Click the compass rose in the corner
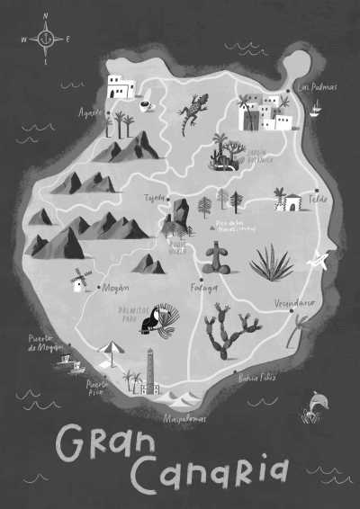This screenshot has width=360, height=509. tap(47, 40)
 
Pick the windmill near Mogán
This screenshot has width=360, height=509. tap(79, 280)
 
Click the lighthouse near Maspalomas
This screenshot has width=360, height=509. tap(150, 372)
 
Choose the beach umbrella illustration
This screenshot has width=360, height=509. tap(111, 351)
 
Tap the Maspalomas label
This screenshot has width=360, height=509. tap(184, 418)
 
